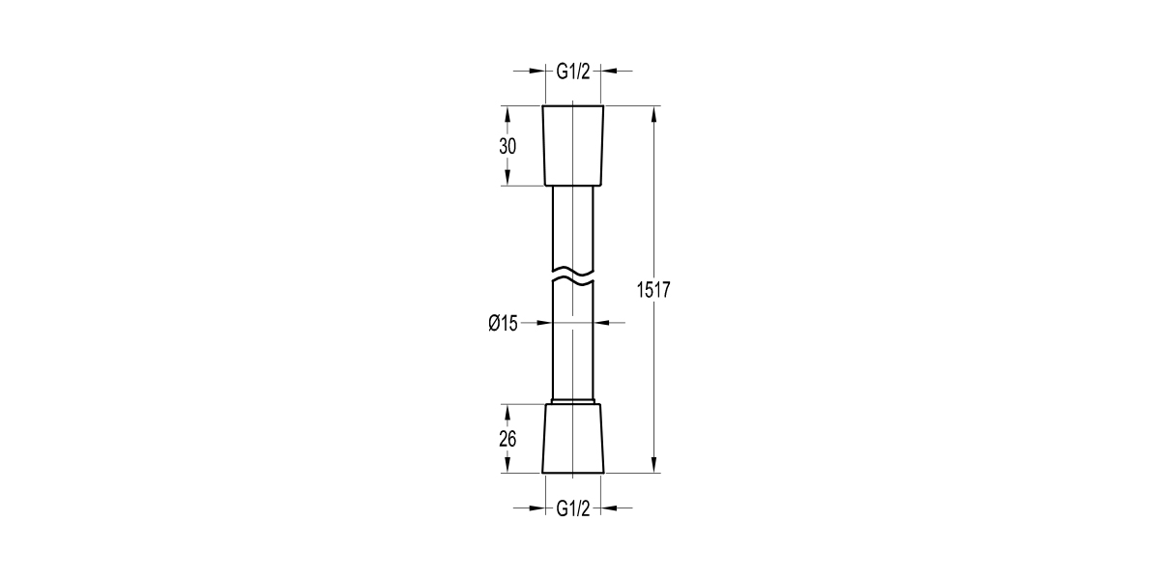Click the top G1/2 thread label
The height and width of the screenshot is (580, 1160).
click(x=572, y=71)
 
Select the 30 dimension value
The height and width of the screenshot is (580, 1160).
click(x=507, y=146)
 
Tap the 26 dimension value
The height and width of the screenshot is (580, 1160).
click(x=507, y=439)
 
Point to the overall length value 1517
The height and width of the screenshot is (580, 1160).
click(x=654, y=289)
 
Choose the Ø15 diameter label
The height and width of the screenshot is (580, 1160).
click(x=504, y=324)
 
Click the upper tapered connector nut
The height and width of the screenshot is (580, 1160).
click(x=572, y=145)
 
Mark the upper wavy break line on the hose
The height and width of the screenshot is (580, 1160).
click(x=572, y=268)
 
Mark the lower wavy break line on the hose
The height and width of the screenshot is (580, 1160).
click(x=572, y=282)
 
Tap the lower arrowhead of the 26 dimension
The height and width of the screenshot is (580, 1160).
click(x=507, y=465)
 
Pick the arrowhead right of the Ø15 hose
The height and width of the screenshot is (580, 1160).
click(x=601, y=324)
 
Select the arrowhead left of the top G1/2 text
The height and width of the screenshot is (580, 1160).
click(x=535, y=71)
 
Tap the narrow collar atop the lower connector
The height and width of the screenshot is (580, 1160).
click(x=572, y=400)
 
